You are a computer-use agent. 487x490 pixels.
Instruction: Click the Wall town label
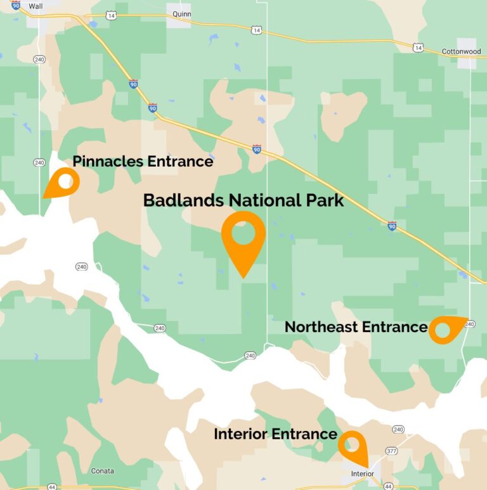(36, 6)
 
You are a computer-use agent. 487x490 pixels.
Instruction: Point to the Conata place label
(102, 471)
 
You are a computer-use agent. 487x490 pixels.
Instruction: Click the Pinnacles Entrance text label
(143, 162)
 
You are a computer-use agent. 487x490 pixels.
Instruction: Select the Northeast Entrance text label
(356, 327)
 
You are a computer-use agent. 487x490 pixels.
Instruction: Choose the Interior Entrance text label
(275, 434)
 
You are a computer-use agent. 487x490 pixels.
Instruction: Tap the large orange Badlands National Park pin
(243, 238)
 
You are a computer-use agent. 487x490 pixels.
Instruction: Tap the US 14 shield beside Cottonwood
(418, 48)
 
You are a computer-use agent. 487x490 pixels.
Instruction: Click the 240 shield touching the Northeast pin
(469, 325)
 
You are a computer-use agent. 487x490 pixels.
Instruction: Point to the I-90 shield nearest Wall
(16, 6)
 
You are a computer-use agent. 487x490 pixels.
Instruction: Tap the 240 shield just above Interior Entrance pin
(398, 430)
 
